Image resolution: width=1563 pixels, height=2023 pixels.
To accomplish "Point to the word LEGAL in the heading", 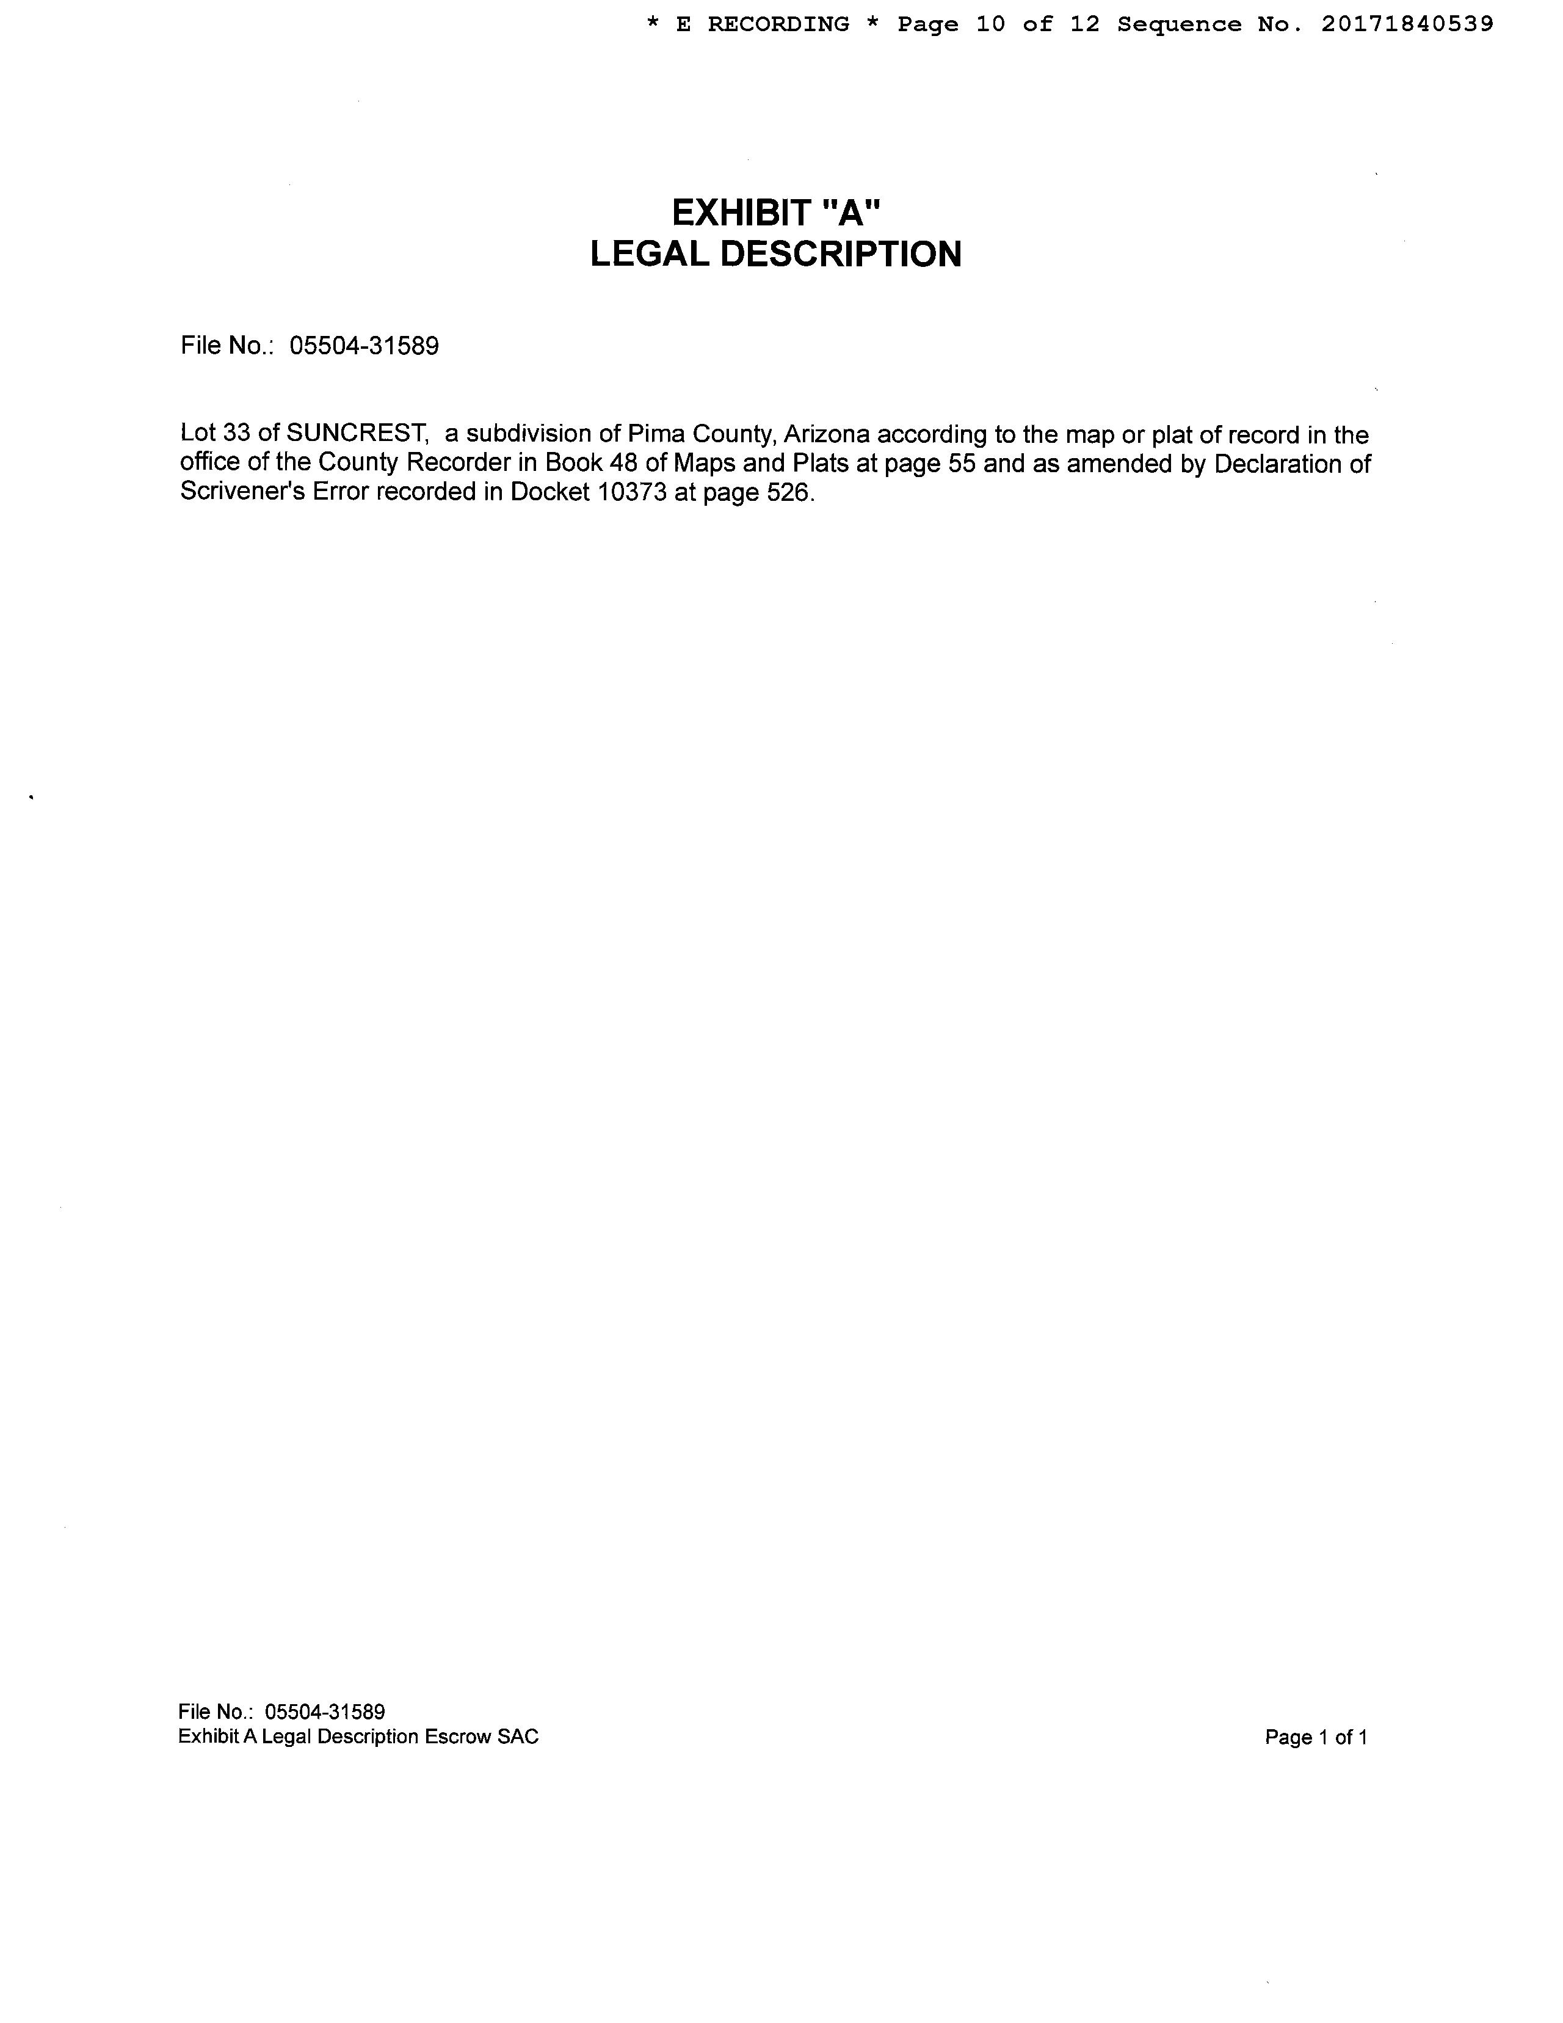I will (650, 254).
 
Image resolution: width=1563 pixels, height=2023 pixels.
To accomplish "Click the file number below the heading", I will (364, 346).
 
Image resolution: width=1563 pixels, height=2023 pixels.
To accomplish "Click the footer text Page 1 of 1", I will (1316, 1738).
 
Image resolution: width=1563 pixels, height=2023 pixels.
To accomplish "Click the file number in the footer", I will (324, 1711).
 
